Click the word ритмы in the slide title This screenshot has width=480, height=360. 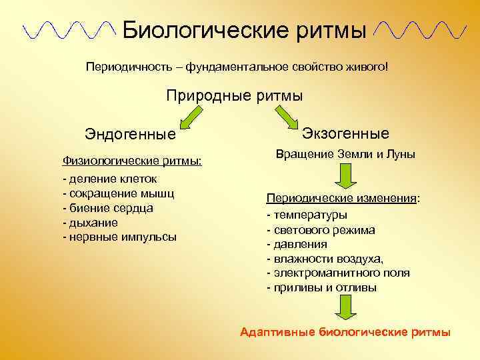pos(329,29)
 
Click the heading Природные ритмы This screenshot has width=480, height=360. pos(234,95)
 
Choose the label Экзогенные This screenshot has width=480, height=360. pos(345,133)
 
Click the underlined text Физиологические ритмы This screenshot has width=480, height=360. pos(132,161)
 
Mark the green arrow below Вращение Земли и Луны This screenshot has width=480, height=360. pos(345,177)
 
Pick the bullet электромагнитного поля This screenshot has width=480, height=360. pos(338,273)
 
